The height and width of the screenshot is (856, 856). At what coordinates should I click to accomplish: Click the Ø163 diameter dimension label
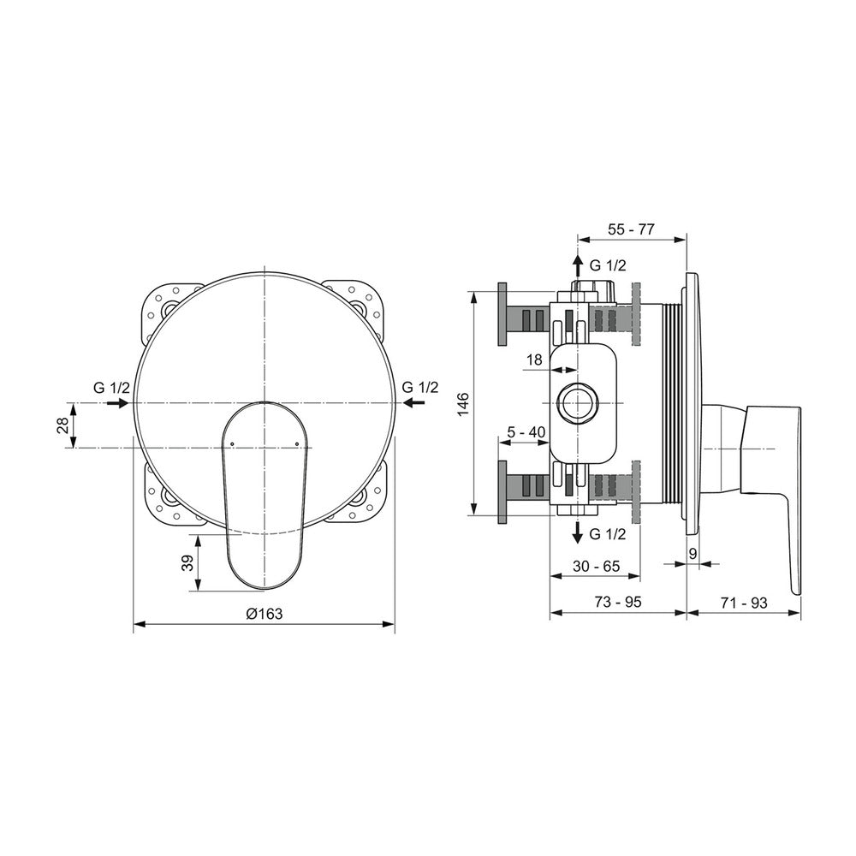[265, 614]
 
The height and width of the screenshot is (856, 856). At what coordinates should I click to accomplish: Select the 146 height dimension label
[463, 404]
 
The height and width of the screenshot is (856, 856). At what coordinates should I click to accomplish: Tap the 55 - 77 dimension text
[631, 229]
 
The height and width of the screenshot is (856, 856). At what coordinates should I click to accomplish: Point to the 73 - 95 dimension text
[618, 602]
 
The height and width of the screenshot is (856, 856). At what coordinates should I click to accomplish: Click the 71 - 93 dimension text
[744, 603]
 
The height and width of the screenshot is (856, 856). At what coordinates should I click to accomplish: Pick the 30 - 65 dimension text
[596, 567]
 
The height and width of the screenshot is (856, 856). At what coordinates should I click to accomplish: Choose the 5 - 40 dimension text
[526, 432]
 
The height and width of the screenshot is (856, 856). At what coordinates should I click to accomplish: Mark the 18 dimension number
[534, 360]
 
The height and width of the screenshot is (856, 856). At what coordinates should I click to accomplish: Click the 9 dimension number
[693, 554]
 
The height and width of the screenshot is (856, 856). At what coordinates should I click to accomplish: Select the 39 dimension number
[187, 563]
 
